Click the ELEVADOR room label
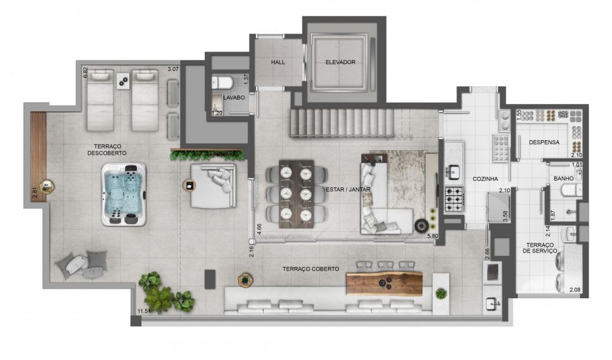[x=340, y=62]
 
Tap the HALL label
[x=278, y=62]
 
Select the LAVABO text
[x=234, y=97]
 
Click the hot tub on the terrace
[x=124, y=194]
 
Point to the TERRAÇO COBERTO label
[x=311, y=269]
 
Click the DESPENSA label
[x=544, y=143]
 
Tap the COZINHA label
[x=485, y=179]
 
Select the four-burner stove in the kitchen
[x=454, y=200]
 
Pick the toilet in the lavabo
[x=223, y=83]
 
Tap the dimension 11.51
[x=144, y=311]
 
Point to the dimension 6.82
[x=85, y=73]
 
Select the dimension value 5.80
[x=433, y=236]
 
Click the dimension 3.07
[x=173, y=69]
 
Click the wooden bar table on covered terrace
[x=384, y=284]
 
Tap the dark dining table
[x=297, y=194]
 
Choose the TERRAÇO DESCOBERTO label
[x=107, y=150]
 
